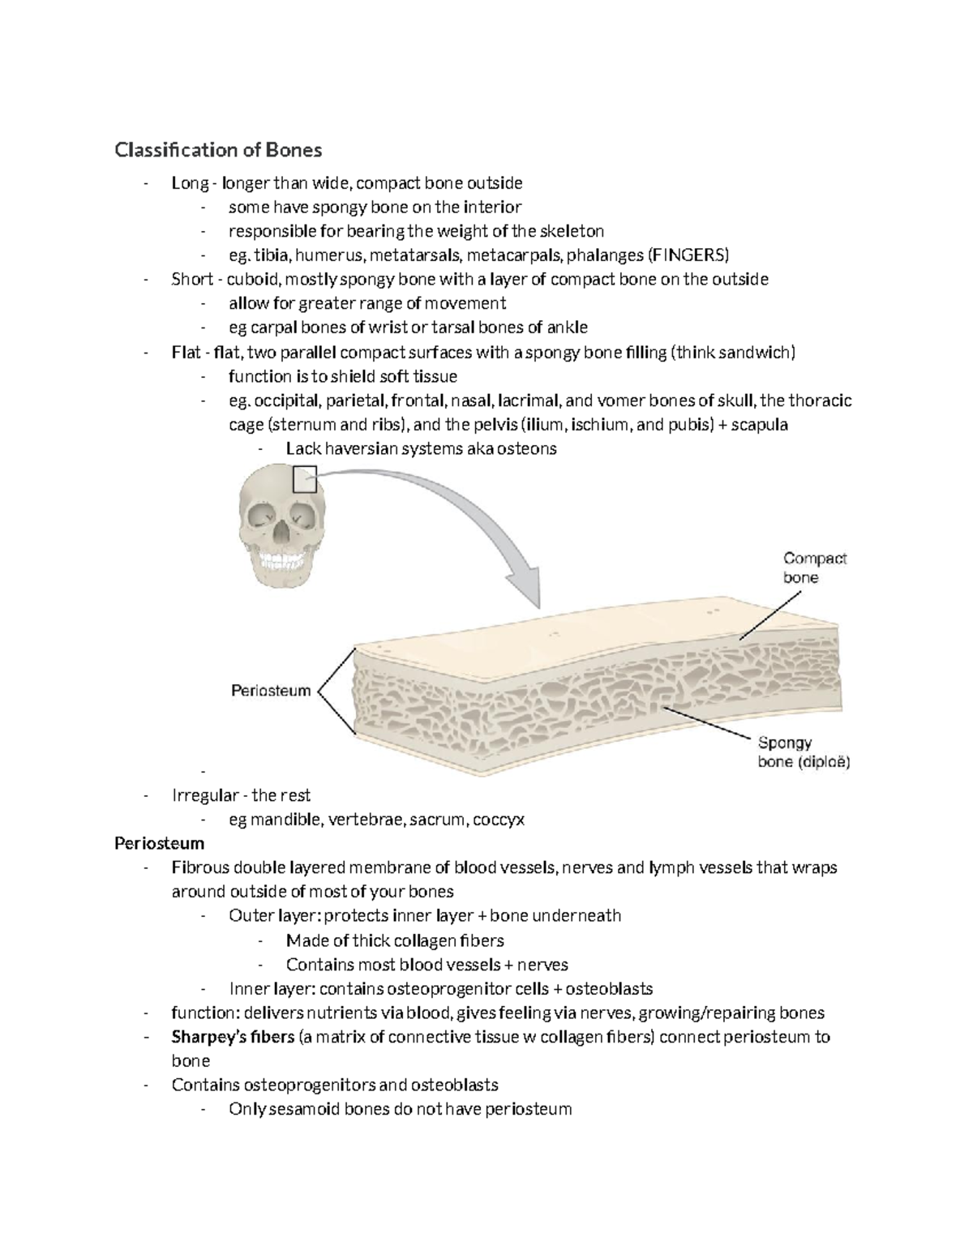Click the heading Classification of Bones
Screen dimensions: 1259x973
(218, 150)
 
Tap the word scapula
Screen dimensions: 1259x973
(760, 424)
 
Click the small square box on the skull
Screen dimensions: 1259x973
(304, 479)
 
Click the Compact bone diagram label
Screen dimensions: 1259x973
(813, 567)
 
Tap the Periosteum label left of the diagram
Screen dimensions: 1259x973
(271, 691)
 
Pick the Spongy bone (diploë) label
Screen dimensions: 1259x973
(804, 752)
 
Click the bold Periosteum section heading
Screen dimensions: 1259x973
(159, 843)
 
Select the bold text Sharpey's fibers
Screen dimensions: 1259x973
(233, 1037)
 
